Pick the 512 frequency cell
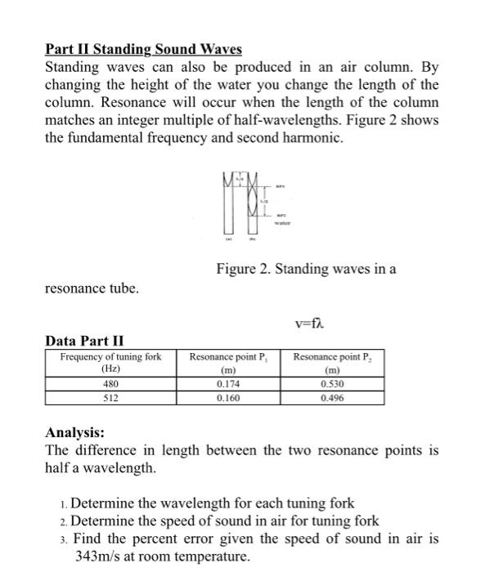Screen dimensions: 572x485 pos(110,398)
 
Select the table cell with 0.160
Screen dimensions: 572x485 pos(228,398)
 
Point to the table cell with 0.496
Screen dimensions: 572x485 pos(332,398)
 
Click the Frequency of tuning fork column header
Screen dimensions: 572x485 pos(110,363)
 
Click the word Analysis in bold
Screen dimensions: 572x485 pos(74,433)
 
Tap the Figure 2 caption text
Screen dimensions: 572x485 pos(306,268)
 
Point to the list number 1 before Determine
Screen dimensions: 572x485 pos(64,503)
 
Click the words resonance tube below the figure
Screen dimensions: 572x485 pos(92,288)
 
